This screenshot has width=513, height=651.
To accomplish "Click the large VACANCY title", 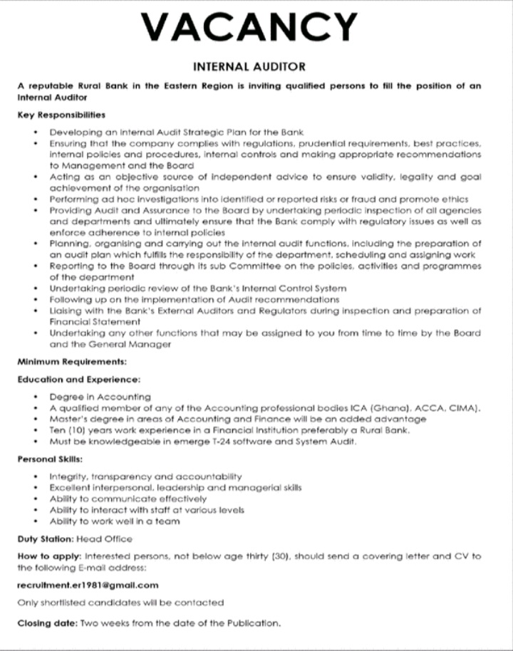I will pos(249,27).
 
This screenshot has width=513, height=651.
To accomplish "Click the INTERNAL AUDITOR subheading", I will pos(249,66).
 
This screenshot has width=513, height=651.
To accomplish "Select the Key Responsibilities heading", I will pos(61,114).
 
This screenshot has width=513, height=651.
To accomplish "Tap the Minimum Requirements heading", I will pos(71,362).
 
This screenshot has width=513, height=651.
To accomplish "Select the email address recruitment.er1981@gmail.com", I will pos(88,585).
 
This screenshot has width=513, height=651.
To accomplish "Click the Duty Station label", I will pos(45,538).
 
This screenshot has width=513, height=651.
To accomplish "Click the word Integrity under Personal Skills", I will pos(67,476).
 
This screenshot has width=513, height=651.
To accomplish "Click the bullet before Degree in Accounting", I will pos(36,397).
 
